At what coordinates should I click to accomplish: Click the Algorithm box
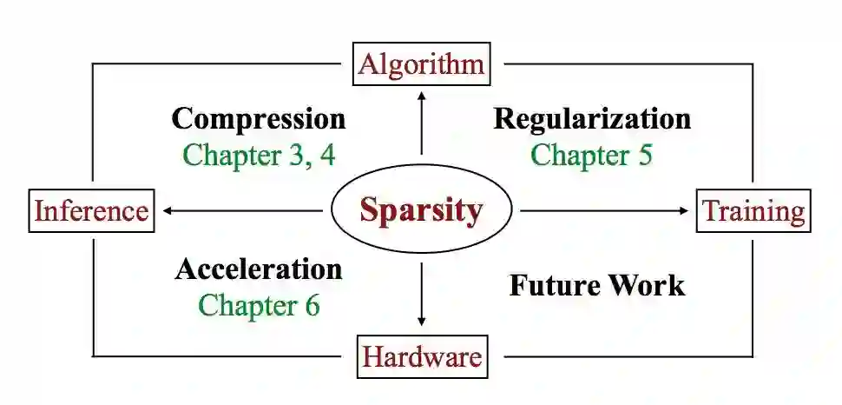pos(421,64)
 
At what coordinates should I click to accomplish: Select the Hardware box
pos(421,356)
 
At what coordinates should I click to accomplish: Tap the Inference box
pos(91,210)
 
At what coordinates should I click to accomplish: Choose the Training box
pos(753,210)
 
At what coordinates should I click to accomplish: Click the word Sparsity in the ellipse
pos(421,211)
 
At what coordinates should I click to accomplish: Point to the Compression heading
pos(259,118)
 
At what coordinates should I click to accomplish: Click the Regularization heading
pos(593,118)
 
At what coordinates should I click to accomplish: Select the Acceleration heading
pos(259,269)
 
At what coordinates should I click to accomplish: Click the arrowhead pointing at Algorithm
pos(421,93)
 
